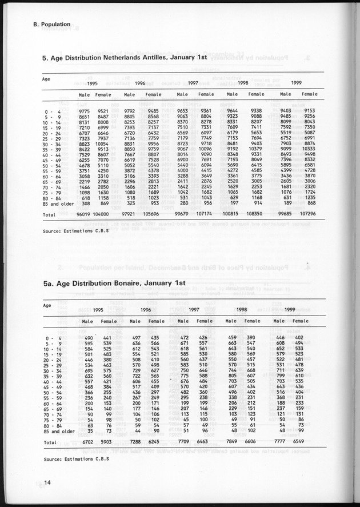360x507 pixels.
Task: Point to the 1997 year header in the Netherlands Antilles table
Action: pos(193,83)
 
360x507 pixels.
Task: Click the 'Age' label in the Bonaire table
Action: pos(47,305)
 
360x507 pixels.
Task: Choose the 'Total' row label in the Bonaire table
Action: pos(50,442)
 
